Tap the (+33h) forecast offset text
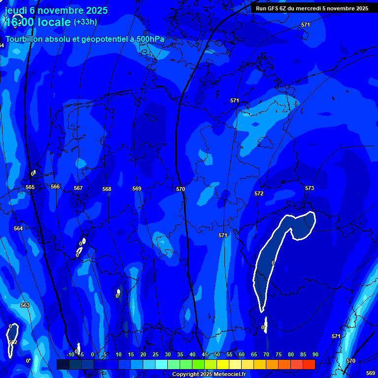pyautogui.click(x=85, y=22)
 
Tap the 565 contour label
pyautogui.click(x=30, y=187)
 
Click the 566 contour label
pyautogui.click(x=55, y=187)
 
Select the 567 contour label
pyautogui.click(x=78, y=188)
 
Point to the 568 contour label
pyautogui.click(x=107, y=189)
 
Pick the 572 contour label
pyautogui.click(x=259, y=193)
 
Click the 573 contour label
pyautogui.click(x=309, y=188)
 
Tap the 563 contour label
pyautogui.click(x=25, y=305)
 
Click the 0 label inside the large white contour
pyautogui.click(x=273, y=263)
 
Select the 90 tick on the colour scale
pyautogui.click(x=315, y=354)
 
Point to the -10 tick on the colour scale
pyautogui.click(x=70, y=354)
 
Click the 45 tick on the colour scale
pyautogui.click(x=204, y=354)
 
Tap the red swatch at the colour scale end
pyautogui.click(x=309, y=364)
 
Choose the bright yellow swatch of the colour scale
pyautogui.click(x=222, y=364)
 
